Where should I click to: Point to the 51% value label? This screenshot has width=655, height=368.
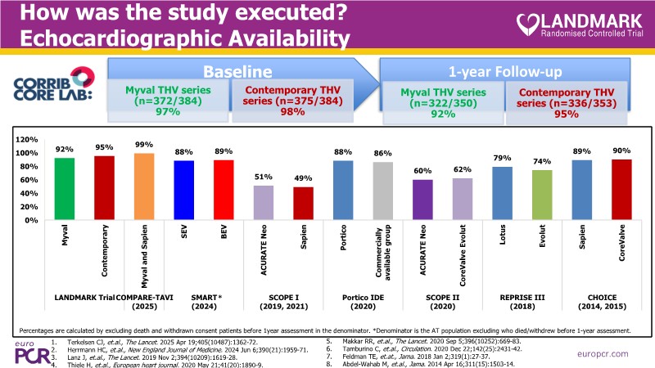pos(263,177)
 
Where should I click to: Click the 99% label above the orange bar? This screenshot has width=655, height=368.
pos(144,146)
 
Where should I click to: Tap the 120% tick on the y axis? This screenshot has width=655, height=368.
pos(27,140)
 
